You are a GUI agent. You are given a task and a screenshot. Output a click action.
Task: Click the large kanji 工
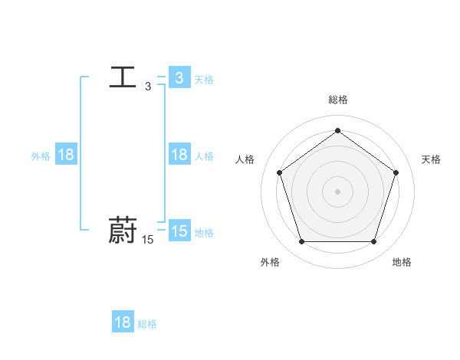point(123,77)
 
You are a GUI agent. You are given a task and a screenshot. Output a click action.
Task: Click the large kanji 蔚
point(123,231)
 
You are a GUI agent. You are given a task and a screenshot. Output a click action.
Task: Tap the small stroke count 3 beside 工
point(148,87)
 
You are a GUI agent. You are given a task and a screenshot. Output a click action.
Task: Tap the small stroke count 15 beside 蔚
point(148,240)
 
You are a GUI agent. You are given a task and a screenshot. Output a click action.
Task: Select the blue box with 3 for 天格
point(179,78)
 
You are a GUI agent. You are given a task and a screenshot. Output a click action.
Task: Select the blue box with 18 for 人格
point(179,155)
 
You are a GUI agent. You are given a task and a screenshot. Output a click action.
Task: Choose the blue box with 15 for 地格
point(179,231)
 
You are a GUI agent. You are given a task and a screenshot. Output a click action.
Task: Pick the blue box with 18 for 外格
point(66,155)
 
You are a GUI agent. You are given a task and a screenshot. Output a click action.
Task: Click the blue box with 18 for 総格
point(123,322)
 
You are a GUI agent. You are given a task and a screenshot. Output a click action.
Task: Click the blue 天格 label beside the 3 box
point(204,79)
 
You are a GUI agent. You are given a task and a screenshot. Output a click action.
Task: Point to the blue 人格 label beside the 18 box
point(204,155)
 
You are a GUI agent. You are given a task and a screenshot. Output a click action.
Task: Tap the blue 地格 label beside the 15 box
point(204,232)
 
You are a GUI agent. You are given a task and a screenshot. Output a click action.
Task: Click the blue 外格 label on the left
point(41,155)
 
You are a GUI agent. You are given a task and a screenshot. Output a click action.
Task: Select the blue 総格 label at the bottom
point(147,324)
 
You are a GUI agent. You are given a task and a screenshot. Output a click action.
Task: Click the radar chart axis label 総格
point(337,100)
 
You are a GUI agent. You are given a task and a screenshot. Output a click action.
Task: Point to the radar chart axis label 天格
point(431,159)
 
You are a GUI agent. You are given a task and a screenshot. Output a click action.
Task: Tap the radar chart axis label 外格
point(270,262)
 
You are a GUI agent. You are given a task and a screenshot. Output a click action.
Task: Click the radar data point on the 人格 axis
point(279,172)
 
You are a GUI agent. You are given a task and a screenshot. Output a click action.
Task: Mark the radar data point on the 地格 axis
point(373,242)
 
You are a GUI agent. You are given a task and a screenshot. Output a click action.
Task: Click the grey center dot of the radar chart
point(337,191)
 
